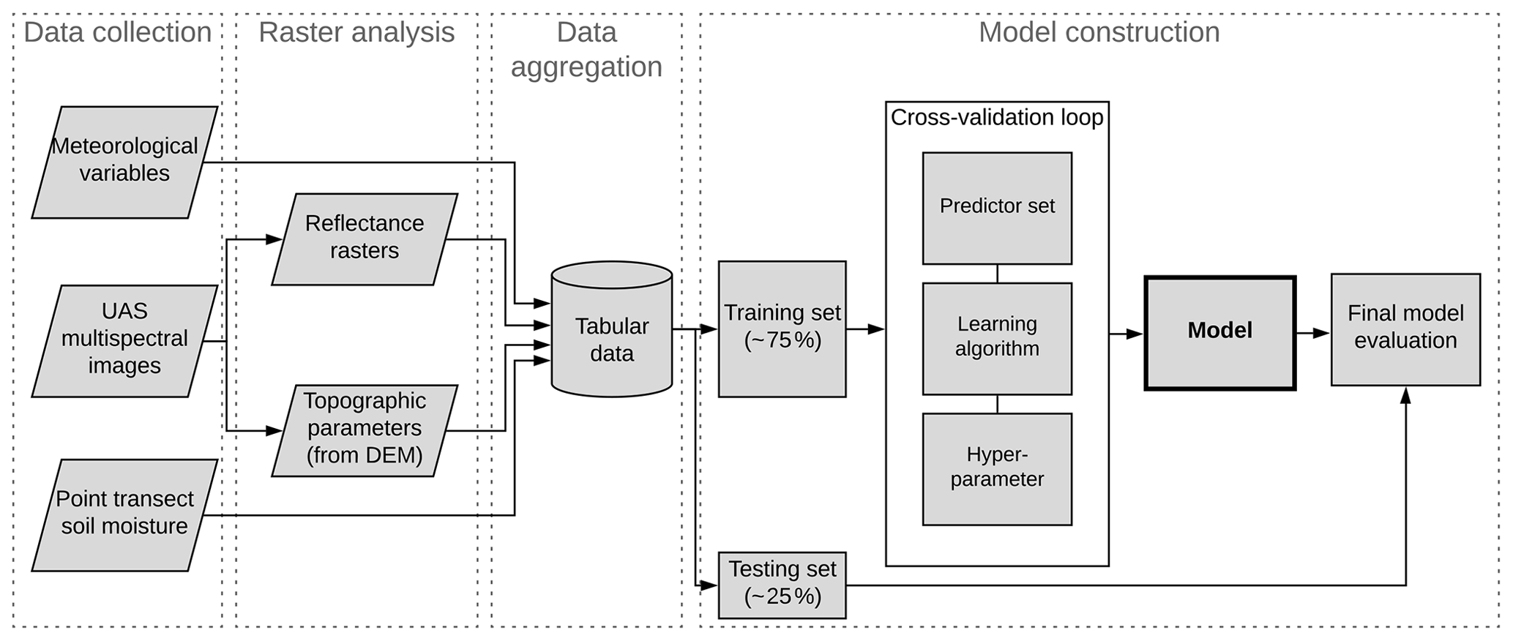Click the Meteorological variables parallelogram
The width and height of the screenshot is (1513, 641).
[124, 162]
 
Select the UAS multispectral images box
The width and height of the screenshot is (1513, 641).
[124, 340]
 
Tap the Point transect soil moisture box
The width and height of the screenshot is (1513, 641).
[124, 514]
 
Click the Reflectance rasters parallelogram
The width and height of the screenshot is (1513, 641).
[365, 239]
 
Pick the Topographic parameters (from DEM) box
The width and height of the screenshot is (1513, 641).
[365, 430]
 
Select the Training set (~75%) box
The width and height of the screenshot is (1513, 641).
[782, 329]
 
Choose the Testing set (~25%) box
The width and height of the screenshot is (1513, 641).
[782, 585]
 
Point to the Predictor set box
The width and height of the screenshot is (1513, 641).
[997, 208]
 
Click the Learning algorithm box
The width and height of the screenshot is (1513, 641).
[997, 338]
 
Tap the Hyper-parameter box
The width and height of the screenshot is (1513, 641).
[997, 468]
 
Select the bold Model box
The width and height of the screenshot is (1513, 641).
[1219, 333]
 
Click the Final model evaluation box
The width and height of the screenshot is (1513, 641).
[1405, 329]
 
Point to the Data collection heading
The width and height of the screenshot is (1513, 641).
[118, 33]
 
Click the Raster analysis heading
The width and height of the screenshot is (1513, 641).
[356, 33]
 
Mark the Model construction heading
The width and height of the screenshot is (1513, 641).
[1099, 33]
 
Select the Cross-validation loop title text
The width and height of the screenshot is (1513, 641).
[997, 118]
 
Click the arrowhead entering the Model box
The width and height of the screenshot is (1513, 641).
[1135, 334]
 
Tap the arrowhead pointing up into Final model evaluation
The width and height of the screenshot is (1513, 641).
[1405, 396]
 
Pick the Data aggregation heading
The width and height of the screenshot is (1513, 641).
[586, 50]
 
